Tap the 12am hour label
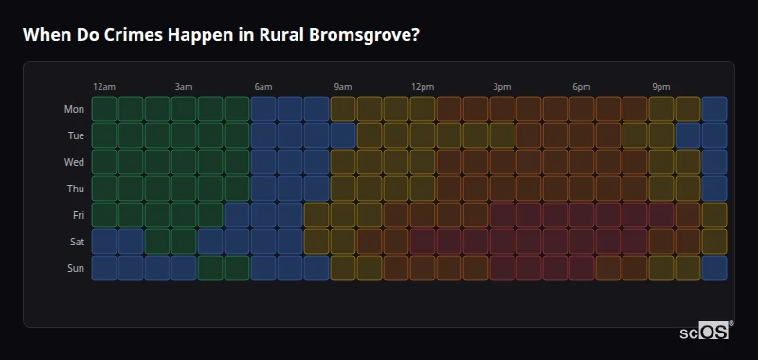click(x=104, y=87)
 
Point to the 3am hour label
click(x=184, y=87)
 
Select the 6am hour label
click(x=263, y=87)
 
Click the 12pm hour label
click(x=423, y=87)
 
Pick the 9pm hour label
click(x=661, y=87)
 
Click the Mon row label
click(x=74, y=109)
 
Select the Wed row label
click(x=74, y=162)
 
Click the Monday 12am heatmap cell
click(x=104, y=109)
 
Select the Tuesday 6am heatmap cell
click(x=263, y=135)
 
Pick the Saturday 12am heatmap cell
click(x=104, y=242)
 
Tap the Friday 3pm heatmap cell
click(x=502, y=215)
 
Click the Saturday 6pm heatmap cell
click(x=582, y=242)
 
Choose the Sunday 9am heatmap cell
click(x=343, y=268)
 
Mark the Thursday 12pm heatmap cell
click(x=423, y=189)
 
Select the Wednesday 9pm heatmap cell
click(x=661, y=162)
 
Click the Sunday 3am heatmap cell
click(x=184, y=268)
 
